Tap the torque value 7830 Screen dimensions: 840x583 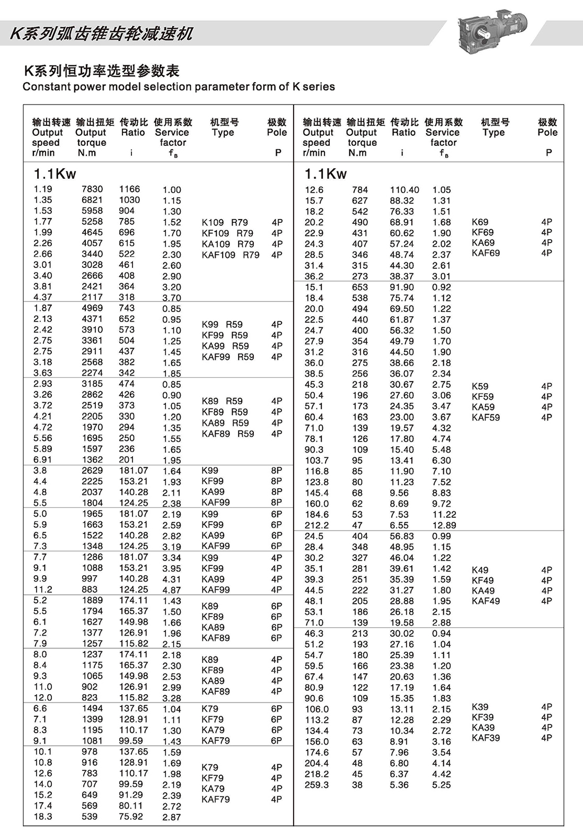(92, 189)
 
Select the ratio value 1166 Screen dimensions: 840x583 (129, 189)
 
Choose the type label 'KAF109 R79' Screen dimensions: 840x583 (231, 255)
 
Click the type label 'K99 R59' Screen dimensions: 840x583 (222, 324)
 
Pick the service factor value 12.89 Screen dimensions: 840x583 (444, 525)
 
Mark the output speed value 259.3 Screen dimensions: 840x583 (316, 785)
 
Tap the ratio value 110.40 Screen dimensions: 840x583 (404, 190)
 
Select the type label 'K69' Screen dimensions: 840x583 (480, 222)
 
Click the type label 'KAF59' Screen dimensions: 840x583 (485, 418)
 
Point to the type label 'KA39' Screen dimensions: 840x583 (483, 728)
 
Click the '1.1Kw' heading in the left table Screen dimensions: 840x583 (55, 174)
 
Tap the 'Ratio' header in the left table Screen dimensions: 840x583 (133, 133)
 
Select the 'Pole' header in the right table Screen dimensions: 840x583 (547, 133)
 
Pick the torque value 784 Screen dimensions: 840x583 (360, 190)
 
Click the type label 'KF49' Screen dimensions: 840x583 (482, 581)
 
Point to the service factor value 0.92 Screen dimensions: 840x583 (441, 288)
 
